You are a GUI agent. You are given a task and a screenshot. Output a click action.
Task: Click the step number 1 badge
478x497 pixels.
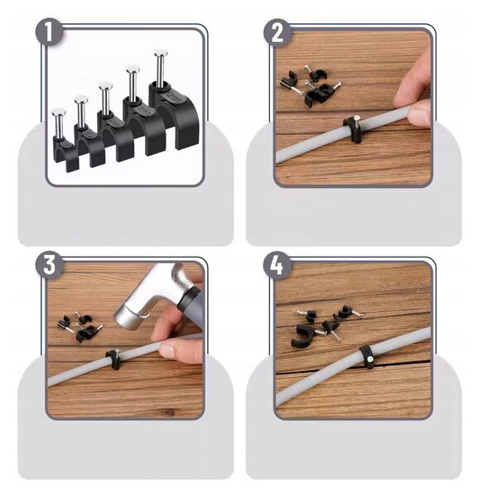point(49,32)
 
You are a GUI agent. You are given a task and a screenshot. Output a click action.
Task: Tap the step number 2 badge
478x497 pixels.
point(278,33)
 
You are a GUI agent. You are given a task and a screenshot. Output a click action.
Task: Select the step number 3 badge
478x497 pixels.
point(49,265)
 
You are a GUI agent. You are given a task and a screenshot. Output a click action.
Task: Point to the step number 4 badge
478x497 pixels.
point(278,266)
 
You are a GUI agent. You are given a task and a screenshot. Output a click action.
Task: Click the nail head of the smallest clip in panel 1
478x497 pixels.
point(59,112)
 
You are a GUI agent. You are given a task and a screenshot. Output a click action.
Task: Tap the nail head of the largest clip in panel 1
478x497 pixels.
point(162,53)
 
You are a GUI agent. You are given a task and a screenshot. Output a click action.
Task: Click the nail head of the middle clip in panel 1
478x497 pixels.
point(105,85)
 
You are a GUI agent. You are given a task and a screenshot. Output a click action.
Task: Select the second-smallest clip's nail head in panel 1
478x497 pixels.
point(81,99)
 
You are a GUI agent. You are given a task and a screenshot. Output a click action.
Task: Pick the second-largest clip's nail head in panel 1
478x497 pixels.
point(133,70)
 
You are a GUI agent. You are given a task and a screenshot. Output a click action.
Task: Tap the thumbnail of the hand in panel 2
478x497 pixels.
point(418,114)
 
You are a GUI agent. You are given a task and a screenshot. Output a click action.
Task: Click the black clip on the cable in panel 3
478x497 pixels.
point(113,359)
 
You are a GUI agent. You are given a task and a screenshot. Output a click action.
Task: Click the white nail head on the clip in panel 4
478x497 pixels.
point(369,359)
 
